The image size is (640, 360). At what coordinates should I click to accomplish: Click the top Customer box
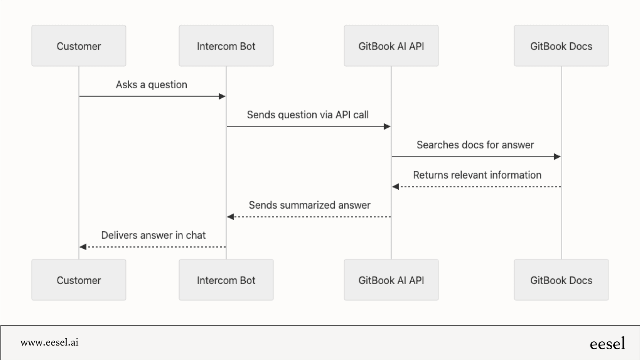click(78, 46)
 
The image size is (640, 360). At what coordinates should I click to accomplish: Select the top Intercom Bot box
click(226, 46)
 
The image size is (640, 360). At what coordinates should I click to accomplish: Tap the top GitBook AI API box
click(391, 46)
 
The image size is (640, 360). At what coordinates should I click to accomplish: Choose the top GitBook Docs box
click(561, 46)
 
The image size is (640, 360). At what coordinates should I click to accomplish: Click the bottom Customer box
click(78, 280)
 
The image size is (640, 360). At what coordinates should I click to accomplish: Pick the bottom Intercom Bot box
click(226, 280)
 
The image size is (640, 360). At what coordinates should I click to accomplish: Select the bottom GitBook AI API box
click(391, 280)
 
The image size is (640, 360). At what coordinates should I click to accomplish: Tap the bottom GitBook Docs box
click(561, 280)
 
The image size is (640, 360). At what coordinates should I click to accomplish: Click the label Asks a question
click(151, 85)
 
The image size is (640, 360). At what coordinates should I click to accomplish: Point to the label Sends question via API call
click(307, 115)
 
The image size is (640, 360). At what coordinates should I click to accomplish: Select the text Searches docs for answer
click(475, 145)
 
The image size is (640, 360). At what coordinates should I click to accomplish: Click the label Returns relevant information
click(477, 175)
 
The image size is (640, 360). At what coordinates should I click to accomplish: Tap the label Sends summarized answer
click(309, 205)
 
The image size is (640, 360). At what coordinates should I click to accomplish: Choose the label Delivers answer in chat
click(153, 235)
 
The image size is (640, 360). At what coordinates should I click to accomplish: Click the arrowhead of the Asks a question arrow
click(222, 96)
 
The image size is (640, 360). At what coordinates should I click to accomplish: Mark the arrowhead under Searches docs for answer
click(557, 157)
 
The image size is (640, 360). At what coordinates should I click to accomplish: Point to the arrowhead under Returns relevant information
click(396, 187)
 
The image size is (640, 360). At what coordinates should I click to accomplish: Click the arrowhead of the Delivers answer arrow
click(83, 247)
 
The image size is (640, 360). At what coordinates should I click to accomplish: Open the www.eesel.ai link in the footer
click(50, 342)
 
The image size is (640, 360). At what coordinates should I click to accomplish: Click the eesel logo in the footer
click(607, 344)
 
